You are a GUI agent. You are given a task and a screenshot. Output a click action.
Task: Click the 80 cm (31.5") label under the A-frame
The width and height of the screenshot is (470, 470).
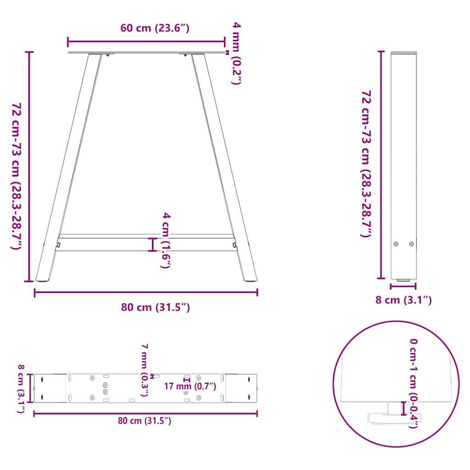tap(155, 307)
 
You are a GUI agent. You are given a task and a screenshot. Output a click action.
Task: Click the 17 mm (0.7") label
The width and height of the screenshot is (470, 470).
tap(190, 386)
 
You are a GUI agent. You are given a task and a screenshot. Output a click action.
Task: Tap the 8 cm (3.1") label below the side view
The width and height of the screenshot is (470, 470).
tap(403, 300)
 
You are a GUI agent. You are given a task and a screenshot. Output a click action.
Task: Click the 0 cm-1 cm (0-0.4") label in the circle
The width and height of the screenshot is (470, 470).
tap(414, 383)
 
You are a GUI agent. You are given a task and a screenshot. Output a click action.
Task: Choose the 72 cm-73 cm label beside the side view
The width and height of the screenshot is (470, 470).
tap(367, 163)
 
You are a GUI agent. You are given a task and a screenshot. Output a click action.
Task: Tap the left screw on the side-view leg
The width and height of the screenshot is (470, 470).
tap(397, 244)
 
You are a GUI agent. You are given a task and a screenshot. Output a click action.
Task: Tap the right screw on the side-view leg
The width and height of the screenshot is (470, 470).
tap(411, 244)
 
